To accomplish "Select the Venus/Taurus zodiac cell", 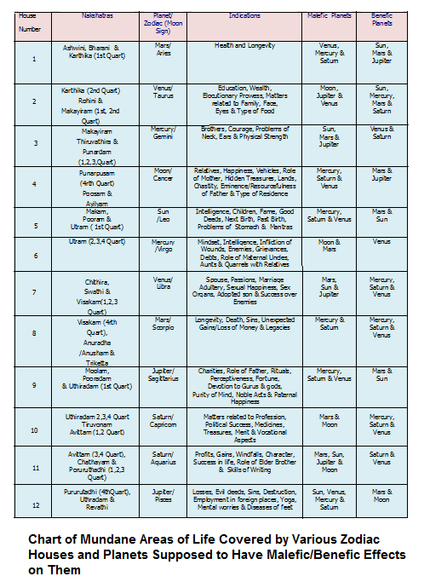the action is tap(163, 91).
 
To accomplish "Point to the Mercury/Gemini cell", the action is tap(163, 131).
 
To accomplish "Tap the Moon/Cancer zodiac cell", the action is tap(163, 175).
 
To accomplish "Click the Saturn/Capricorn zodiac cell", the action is tap(163, 421).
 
